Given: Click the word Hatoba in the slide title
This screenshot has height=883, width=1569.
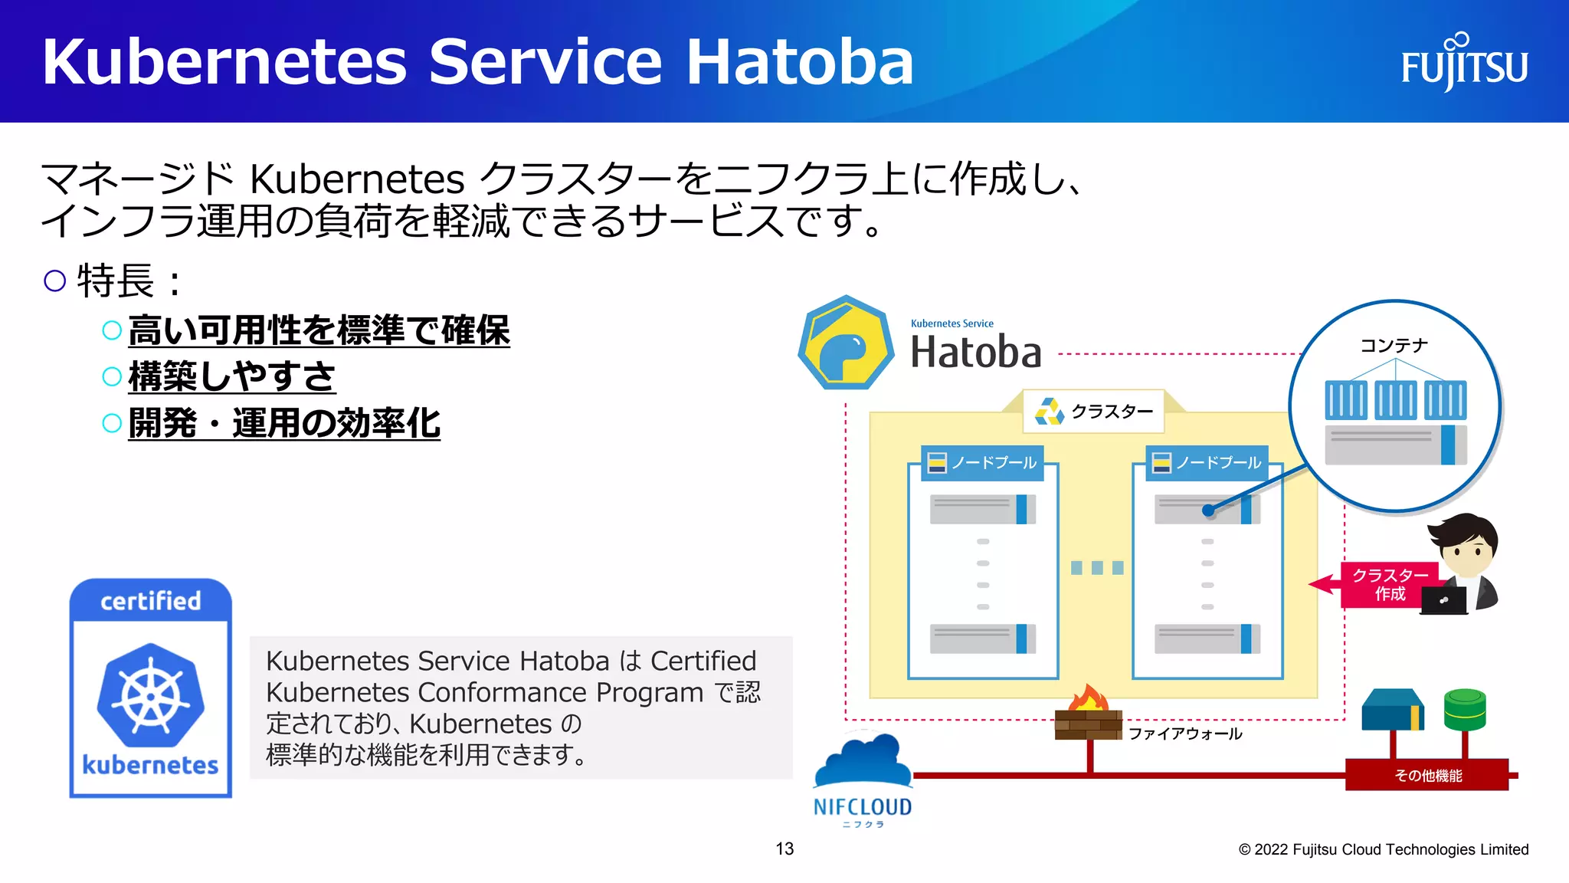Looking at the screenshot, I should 799,62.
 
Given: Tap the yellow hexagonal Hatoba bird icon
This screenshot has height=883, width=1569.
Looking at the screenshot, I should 845,343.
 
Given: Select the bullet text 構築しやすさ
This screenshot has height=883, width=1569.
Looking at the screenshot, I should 232,376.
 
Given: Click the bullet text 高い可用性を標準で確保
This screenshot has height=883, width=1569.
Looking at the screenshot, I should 319,330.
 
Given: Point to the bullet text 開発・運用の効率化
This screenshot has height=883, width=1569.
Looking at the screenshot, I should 284,423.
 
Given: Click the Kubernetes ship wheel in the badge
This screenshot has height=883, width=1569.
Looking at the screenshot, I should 151,696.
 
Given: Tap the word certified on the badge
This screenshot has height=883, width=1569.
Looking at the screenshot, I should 151,601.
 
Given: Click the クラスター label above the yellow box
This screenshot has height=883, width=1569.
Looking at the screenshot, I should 1094,412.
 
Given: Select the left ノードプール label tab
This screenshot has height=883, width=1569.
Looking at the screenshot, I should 983,463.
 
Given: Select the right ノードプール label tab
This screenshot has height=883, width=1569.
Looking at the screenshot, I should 1207,463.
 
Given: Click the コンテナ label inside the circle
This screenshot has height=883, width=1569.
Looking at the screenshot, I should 1394,346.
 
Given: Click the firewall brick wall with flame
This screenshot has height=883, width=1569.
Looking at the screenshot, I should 1087,716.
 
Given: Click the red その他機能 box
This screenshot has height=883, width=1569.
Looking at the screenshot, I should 1427,776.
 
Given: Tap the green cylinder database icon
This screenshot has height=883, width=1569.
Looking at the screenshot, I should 1464,709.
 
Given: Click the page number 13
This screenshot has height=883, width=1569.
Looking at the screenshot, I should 784,849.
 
